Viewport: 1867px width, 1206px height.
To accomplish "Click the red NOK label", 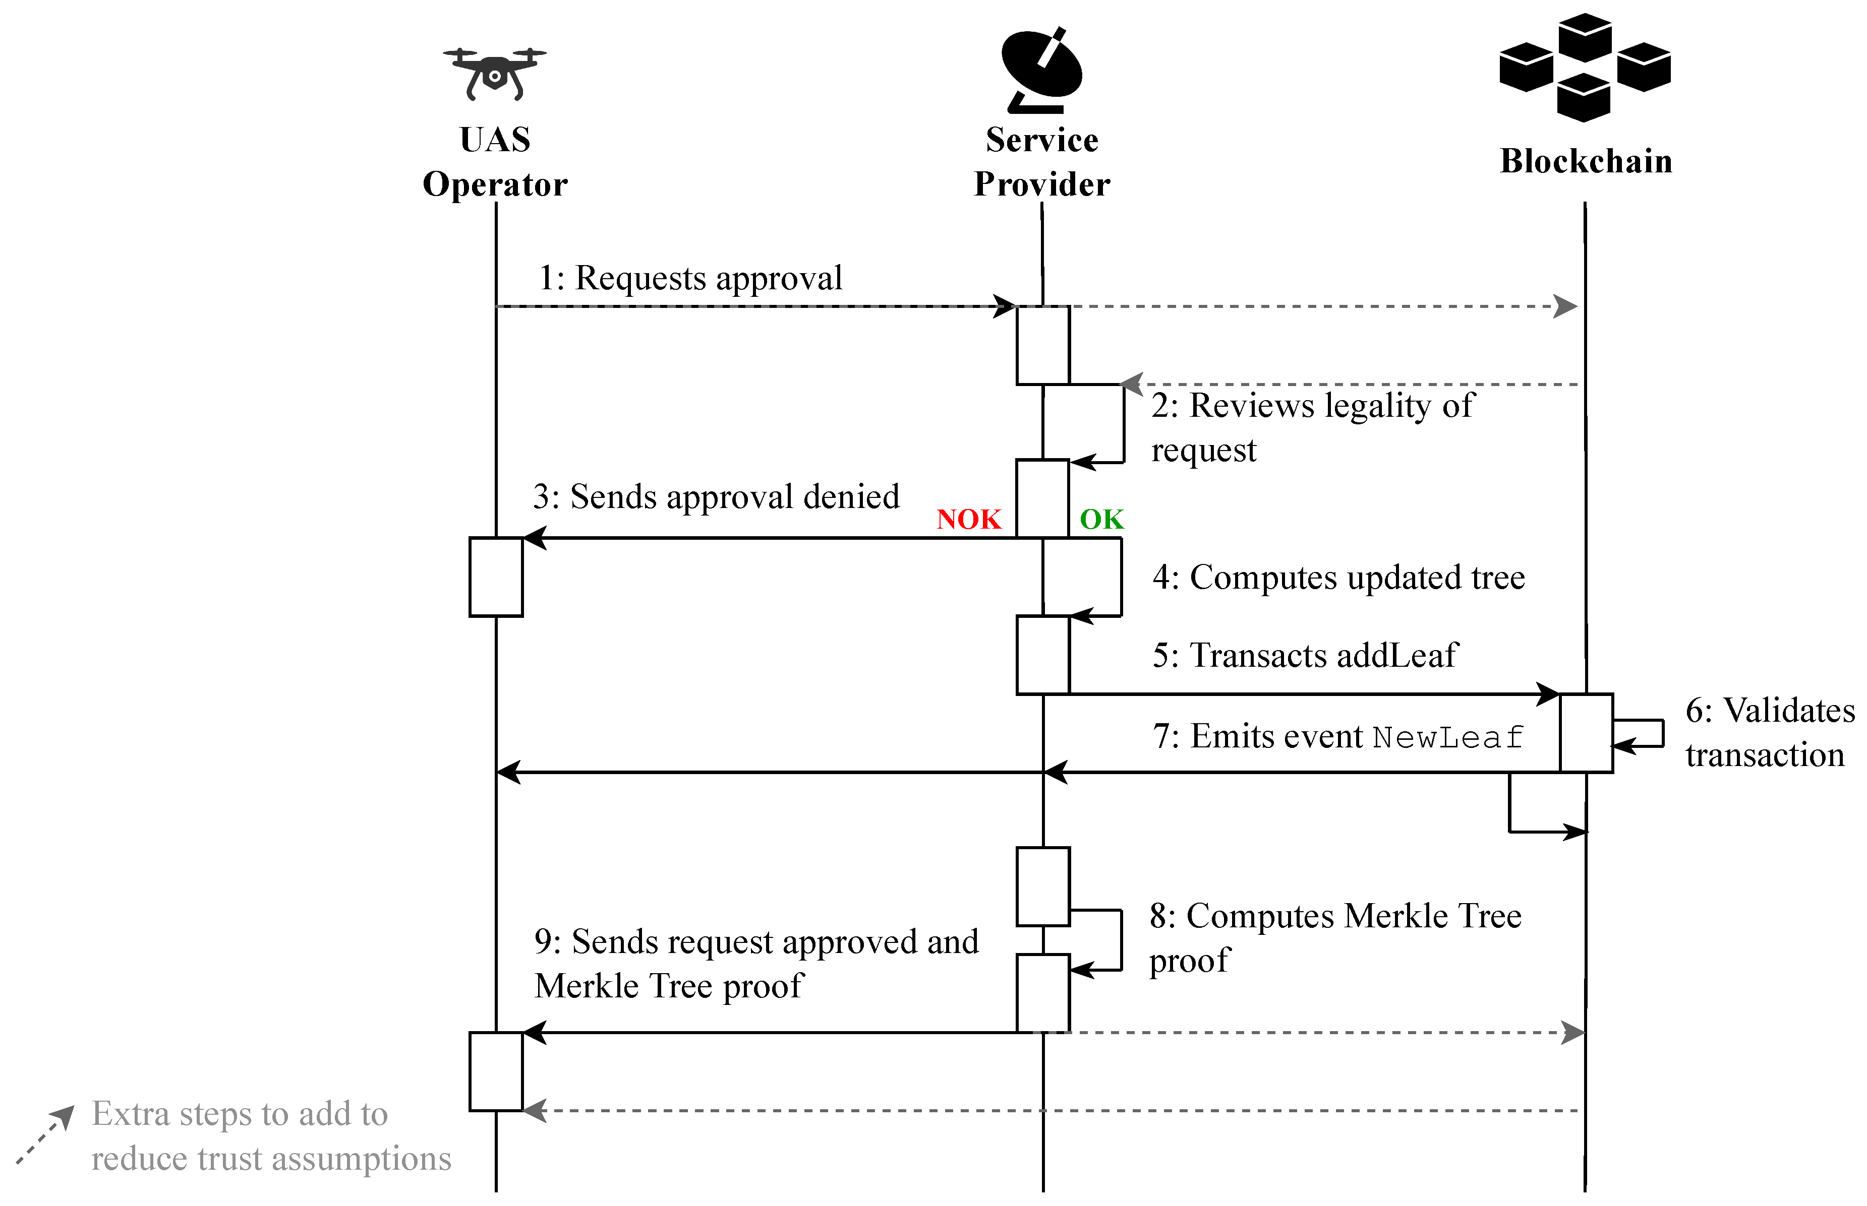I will point(969,519).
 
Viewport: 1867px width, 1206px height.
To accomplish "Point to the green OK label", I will point(1101,519).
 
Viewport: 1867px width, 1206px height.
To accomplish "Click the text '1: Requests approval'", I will point(689,278).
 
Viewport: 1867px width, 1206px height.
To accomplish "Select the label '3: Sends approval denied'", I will point(715,496).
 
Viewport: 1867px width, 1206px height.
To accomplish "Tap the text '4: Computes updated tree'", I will point(1338,577).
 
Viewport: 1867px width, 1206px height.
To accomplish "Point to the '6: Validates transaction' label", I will point(1770,732).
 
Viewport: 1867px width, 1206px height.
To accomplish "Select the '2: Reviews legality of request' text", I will point(1312,427).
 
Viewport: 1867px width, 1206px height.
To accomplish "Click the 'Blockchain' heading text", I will point(1586,161).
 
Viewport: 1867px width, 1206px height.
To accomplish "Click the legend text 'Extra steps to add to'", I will point(240,1114).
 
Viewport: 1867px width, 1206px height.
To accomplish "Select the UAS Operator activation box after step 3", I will point(496,577).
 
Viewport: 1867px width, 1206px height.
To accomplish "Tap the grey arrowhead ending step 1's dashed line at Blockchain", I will point(1565,306).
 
